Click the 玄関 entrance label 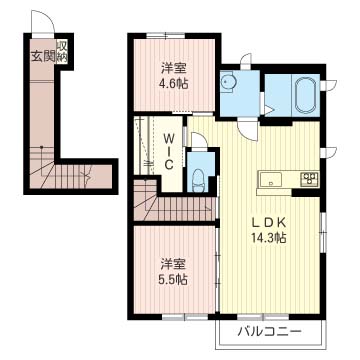coord(43,56)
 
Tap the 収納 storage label coord(62,52)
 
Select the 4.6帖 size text coord(173,83)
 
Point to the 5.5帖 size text coord(173,278)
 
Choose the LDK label coord(269,222)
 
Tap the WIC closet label coord(169,151)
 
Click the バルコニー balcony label coord(270,332)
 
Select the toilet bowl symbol coord(199,181)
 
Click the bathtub coord(306,95)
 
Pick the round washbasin coord(228,81)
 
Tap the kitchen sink coord(270,180)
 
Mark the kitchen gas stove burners coord(310,180)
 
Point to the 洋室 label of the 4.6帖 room coord(173,68)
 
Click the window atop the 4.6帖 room coord(166,36)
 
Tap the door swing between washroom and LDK coord(247,130)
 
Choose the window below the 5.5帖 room coord(185,317)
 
